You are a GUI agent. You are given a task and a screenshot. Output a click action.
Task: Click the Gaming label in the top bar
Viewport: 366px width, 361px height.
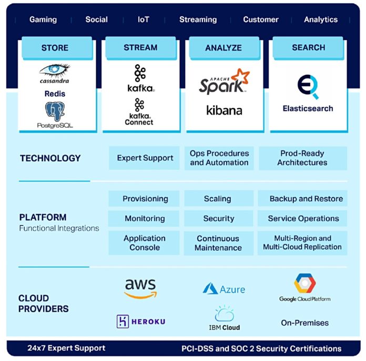click(43, 19)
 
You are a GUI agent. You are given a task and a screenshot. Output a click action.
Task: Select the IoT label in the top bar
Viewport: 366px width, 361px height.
click(143, 19)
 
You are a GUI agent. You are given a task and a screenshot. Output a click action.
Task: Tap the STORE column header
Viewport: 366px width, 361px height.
click(55, 48)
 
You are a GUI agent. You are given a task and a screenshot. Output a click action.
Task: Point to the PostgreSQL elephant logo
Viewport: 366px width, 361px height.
click(55, 111)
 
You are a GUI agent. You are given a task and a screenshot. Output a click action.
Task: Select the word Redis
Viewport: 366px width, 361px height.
click(55, 94)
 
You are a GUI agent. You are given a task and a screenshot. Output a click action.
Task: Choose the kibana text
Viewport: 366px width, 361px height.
click(224, 110)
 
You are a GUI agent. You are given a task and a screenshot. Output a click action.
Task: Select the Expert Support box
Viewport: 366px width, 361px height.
click(145, 158)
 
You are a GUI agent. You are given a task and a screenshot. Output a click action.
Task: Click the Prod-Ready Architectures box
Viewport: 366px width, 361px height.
click(302, 158)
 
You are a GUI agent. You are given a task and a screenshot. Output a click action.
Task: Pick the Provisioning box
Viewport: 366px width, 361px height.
click(145, 199)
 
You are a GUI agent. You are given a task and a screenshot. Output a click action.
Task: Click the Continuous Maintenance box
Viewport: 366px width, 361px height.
click(218, 243)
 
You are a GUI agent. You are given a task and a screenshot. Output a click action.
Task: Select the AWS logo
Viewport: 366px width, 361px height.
click(140, 288)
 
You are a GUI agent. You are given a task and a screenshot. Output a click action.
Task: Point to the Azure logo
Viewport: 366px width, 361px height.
click(224, 289)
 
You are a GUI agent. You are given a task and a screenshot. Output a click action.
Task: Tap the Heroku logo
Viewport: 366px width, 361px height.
click(140, 321)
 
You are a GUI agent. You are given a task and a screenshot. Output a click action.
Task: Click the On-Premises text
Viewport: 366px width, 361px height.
click(304, 323)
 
